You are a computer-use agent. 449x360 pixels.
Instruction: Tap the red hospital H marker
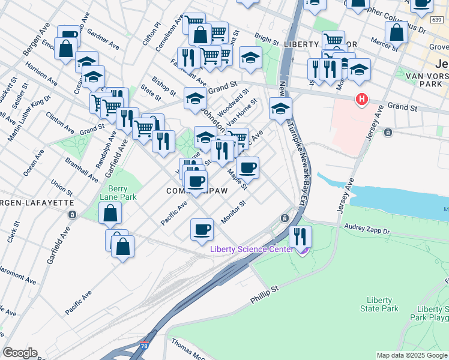point(361,99)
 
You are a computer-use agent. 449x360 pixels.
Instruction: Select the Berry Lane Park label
point(118,193)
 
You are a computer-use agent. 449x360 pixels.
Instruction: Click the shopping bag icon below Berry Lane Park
point(110,212)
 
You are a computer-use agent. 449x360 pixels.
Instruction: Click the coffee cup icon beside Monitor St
point(202,229)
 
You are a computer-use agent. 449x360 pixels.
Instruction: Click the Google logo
point(19,353)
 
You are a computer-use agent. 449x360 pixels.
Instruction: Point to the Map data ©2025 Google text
point(411,355)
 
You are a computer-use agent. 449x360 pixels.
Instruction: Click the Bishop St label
point(164,87)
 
